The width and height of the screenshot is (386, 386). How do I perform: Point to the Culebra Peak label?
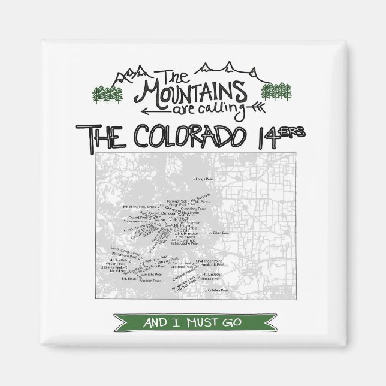coord(219,290)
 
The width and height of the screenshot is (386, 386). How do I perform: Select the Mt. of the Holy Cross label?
coord(135,207)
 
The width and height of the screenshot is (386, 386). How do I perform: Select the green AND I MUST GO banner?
coord(192,322)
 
